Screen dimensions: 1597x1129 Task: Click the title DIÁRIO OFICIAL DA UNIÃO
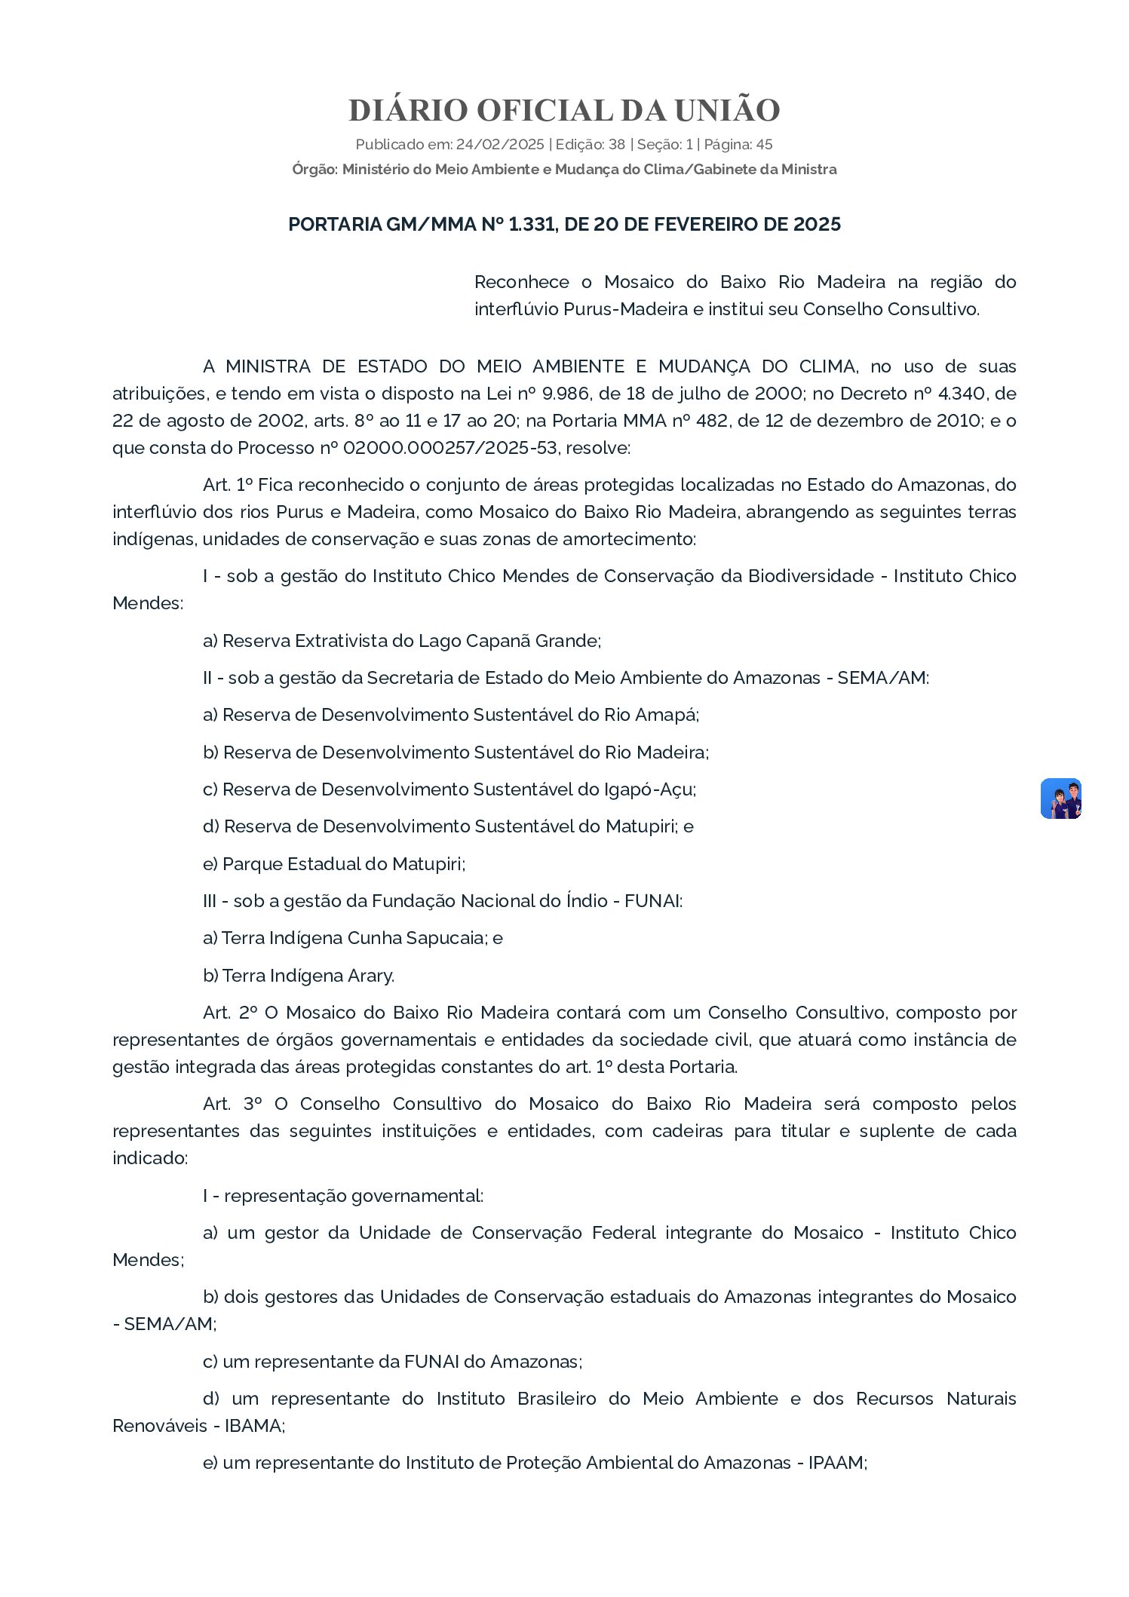coord(564,110)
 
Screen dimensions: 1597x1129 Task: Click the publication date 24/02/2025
coord(499,145)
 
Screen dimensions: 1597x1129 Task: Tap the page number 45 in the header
coord(764,145)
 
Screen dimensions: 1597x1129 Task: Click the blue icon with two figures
coord(1060,798)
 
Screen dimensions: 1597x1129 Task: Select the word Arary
coord(370,976)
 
